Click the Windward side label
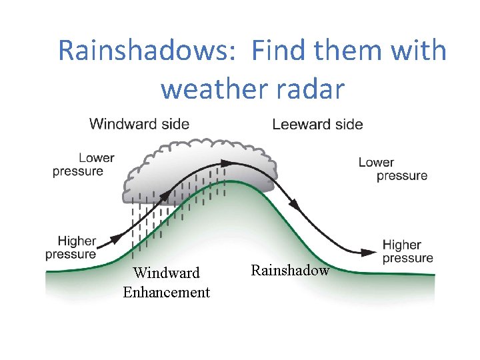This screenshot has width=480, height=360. [x=139, y=124]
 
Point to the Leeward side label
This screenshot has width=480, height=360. [x=317, y=124]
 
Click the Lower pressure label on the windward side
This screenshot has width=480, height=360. [x=84, y=165]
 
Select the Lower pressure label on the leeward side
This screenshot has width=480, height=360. [x=393, y=169]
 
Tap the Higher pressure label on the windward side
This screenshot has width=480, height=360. [x=71, y=247]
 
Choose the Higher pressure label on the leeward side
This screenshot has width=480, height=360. [x=407, y=251]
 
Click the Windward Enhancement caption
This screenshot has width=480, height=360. [x=166, y=283]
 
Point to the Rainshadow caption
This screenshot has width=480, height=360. [x=290, y=270]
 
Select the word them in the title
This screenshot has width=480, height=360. [x=354, y=51]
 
